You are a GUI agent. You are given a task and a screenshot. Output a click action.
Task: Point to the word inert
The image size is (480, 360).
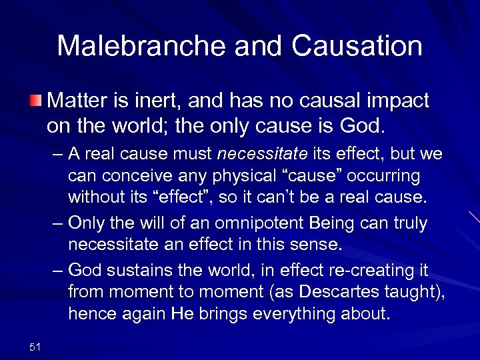tap(158, 101)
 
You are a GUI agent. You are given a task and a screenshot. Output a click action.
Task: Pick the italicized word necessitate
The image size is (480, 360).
tap(262, 155)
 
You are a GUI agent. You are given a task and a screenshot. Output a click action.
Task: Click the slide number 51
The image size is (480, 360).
tap(35, 345)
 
